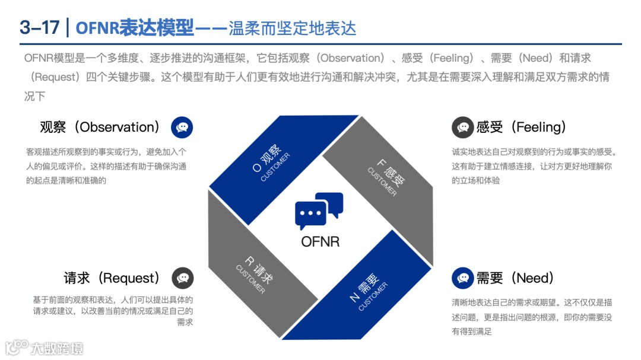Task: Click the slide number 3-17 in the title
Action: (39, 27)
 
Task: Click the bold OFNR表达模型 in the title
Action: (135, 27)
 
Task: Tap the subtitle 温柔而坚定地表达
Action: (292, 27)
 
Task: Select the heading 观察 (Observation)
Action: (100, 127)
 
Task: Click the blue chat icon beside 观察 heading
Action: (182, 127)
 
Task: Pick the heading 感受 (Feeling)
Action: (521, 127)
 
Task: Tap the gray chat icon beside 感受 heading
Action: (462, 127)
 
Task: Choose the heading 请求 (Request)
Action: (112, 278)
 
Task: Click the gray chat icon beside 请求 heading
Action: (183, 278)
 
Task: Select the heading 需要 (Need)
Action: (515, 278)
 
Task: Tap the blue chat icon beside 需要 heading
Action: (462, 278)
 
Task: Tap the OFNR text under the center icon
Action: (320, 241)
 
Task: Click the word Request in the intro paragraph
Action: (56, 77)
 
